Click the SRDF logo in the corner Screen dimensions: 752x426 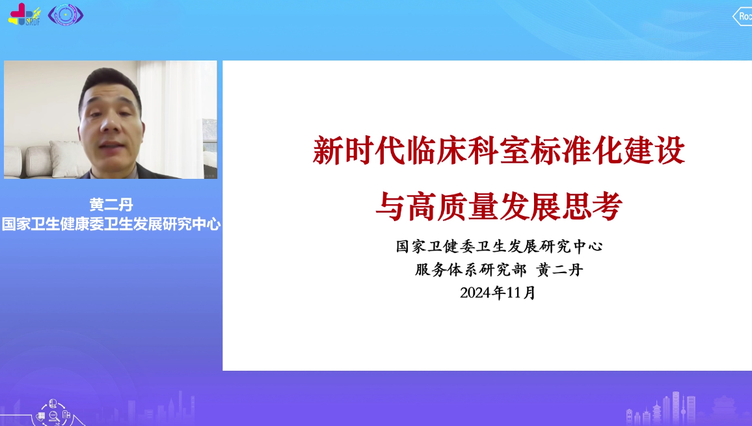(24, 14)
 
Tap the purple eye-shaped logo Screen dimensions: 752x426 (66, 14)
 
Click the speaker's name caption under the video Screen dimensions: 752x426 (111, 205)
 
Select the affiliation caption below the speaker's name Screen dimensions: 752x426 (111, 224)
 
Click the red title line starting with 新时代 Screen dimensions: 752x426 (499, 151)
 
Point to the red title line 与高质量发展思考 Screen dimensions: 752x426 (499, 206)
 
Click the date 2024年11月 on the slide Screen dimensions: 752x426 (498, 293)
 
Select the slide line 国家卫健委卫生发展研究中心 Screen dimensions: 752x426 (499, 246)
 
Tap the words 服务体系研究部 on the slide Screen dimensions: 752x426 (470, 270)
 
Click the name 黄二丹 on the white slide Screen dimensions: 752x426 (559, 270)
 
